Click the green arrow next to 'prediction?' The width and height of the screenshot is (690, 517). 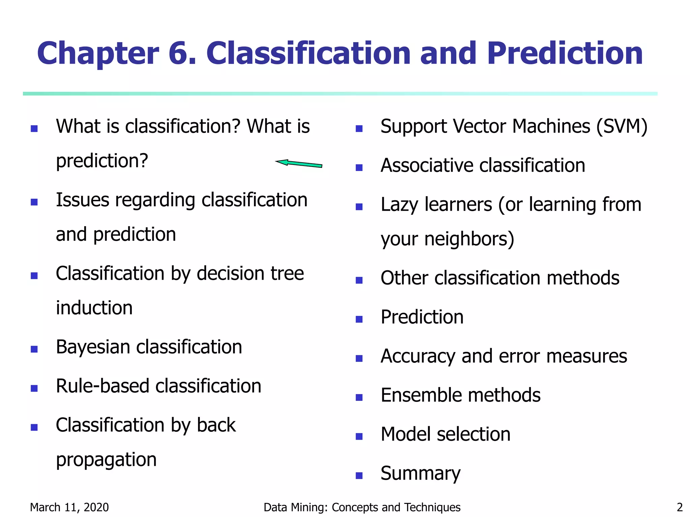(299, 164)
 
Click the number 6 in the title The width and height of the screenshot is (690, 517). (182, 53)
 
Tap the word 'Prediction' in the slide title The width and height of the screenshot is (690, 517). (565, 53)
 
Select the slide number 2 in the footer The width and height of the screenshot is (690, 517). (679, 507)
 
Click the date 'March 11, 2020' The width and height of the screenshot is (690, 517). (69, 507)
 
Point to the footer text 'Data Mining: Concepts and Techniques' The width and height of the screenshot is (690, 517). (362, 507)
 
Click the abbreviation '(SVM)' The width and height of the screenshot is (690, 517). (622, 127)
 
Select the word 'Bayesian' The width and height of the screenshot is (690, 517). (93, 347)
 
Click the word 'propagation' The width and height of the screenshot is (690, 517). (106, 460)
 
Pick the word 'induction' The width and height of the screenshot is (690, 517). (94, 308)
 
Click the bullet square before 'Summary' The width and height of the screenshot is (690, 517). (359, 476)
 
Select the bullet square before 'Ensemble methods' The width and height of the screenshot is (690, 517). (359, 398)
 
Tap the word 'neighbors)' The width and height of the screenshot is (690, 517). (469, 239)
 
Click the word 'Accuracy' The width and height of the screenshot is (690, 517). (418, 356)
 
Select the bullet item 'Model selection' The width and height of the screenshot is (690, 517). (445, 434)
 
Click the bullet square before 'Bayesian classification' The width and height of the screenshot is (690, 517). (34, 349)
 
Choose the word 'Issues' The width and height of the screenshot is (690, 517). (83, 200)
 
